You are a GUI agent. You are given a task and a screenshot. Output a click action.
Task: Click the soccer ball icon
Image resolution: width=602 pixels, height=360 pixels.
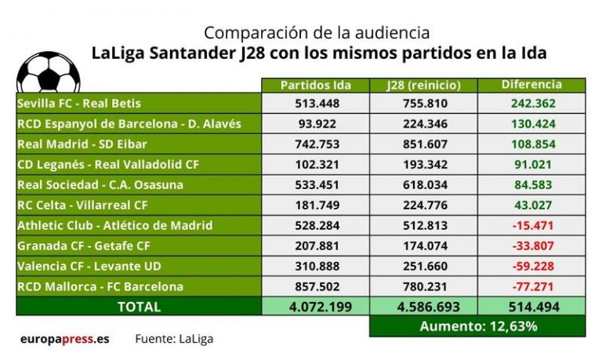pos(48,73)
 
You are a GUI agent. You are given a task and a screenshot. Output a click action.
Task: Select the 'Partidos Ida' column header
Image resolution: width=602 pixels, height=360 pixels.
pos(316,85)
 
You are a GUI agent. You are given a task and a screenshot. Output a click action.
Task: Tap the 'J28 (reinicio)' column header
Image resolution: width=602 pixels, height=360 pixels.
pos(423,85)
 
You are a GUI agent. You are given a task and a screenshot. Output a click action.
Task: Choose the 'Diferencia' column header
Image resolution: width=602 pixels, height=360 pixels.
pos(531,85)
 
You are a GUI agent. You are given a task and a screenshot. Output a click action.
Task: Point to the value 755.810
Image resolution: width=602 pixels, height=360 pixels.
pos(423,104)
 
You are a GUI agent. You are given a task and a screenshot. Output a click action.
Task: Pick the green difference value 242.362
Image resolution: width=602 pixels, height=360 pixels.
pos(531,104)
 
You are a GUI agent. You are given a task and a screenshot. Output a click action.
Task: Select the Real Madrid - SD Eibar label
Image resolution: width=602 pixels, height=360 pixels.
pos(82,144)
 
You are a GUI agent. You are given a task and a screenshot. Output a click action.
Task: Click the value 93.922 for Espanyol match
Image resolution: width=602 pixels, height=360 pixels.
pos(316,124)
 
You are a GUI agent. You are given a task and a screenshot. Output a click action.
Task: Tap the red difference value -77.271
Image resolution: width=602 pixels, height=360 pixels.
pos(531,287)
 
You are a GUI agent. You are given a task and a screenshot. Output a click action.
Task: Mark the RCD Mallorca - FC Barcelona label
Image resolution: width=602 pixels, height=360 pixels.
pos(100,287)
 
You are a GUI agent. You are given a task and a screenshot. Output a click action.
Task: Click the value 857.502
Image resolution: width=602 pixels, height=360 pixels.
pos(316,287)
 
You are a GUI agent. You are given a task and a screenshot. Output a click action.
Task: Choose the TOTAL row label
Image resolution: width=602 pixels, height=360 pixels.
pos(139,307)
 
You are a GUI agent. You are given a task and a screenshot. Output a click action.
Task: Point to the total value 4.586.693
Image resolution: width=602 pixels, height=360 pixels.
pos(423,307)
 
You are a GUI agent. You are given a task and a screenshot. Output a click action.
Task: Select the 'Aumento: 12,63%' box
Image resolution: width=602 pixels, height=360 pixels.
pos(477,326)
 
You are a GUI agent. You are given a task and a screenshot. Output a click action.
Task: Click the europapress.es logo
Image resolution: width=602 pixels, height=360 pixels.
pos(64,340)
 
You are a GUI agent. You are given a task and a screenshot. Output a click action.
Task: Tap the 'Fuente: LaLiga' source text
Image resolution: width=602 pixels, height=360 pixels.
pos(173,340)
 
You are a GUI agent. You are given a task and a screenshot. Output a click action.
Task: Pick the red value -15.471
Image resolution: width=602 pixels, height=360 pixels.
pos(531,226)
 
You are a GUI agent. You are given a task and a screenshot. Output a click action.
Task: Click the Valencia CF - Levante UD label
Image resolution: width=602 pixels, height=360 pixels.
pos(89,267)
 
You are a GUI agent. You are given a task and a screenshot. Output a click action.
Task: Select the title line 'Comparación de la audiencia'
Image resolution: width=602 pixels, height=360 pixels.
pos(317,33)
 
